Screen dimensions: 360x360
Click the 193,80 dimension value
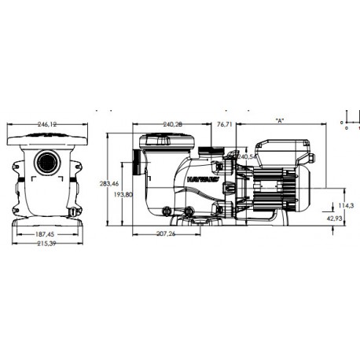(x=123, y=193)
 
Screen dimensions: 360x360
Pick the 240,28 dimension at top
(x=173, y=124)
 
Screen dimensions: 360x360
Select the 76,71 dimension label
(x=224, y=124)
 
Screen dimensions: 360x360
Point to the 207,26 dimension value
(x=171, y=233)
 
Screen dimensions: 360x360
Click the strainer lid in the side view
(x=165, y=141)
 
